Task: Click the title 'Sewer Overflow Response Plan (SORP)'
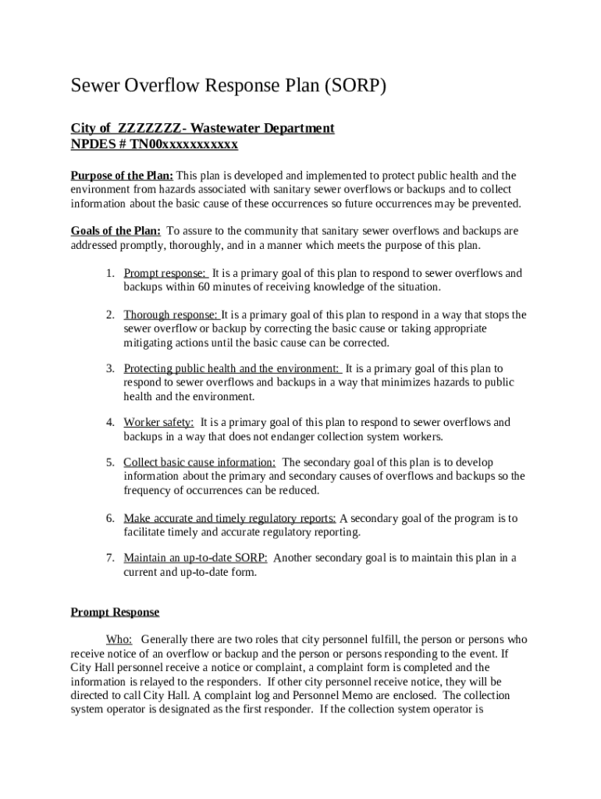click(229, 86)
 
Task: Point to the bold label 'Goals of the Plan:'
click(116, 231)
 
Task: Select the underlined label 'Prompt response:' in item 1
click(165, 273)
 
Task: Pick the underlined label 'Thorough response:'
click(171, 315)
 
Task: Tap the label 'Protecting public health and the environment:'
click(231, 368)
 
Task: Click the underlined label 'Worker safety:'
click(158, 422)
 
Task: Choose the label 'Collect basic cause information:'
click(199, 463)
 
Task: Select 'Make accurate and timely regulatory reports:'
click(229, 518)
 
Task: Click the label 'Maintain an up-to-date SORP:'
click(195, 558)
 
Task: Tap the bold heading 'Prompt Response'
click(115, 613)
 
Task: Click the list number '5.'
click(111, 463)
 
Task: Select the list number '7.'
click(111, 558)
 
